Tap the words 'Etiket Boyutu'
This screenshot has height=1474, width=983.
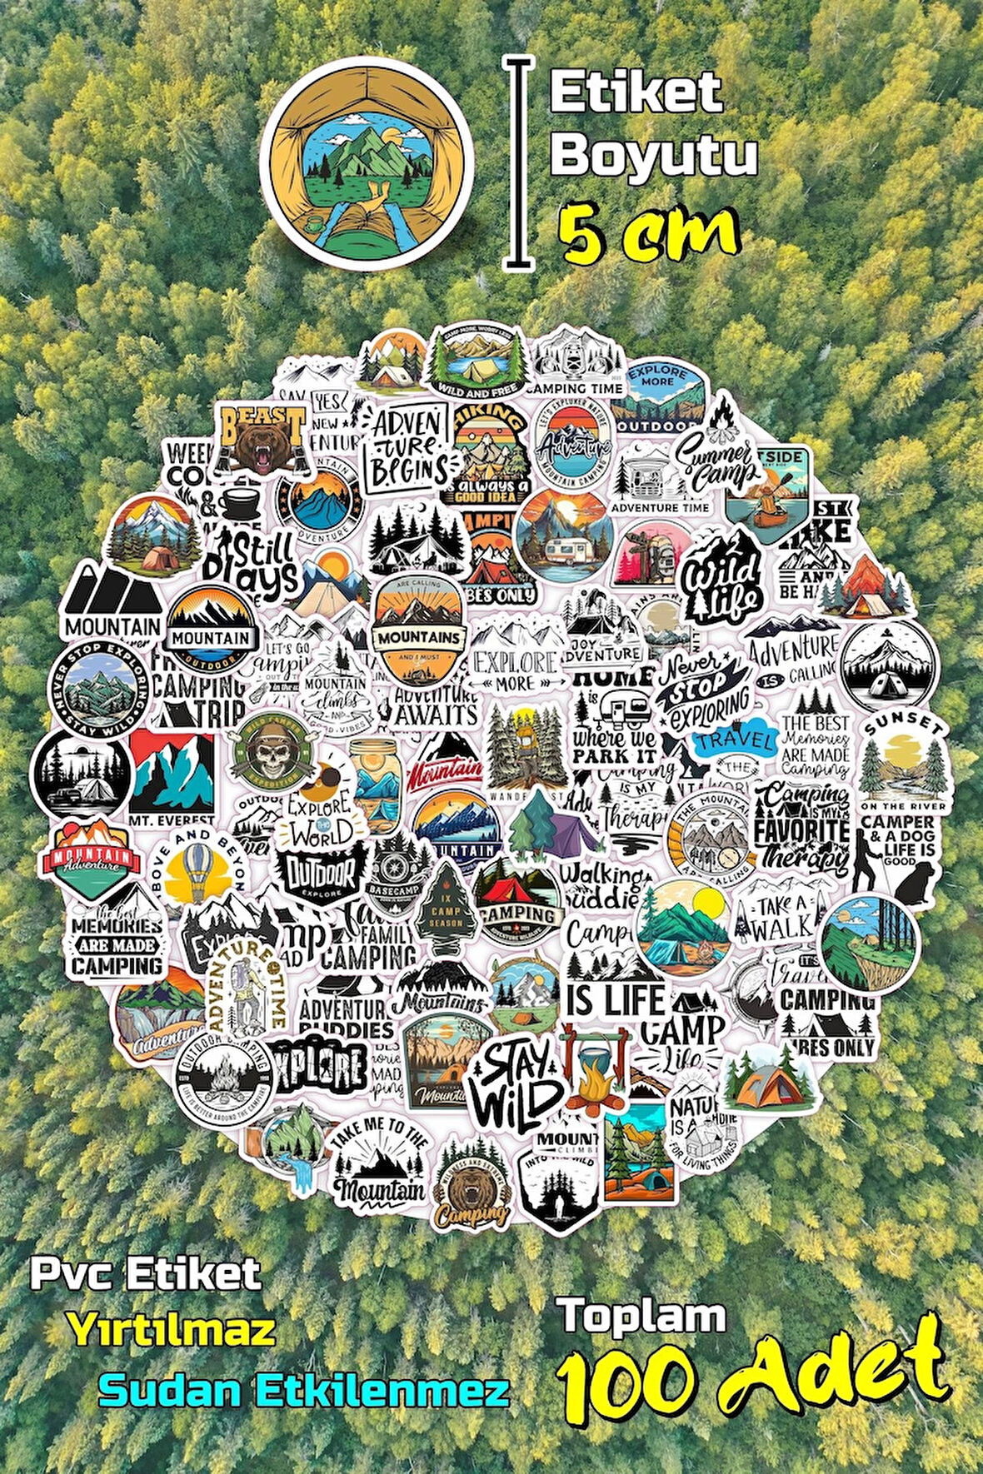pos(652,125)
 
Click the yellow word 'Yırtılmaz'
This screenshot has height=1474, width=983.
pos(172,1330)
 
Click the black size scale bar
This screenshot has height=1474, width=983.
pos(519,162)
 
